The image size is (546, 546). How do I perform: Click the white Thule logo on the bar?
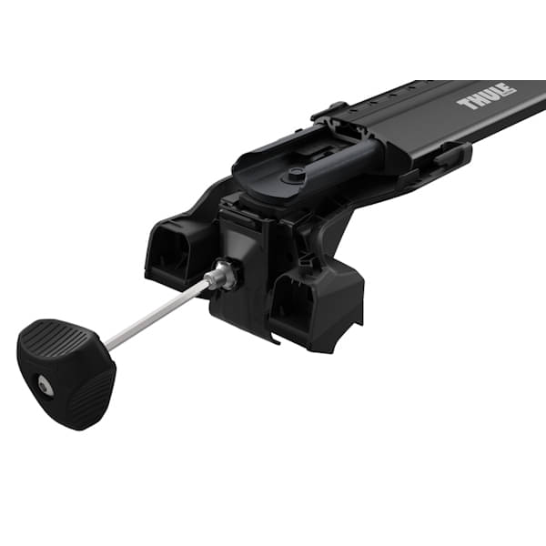[x=487, y=96]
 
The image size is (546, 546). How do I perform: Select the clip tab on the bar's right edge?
[x=449, y=154]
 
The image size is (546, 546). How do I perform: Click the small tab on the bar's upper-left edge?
[x=329, y=112]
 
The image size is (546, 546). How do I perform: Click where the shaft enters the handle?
[x=108, y=344]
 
